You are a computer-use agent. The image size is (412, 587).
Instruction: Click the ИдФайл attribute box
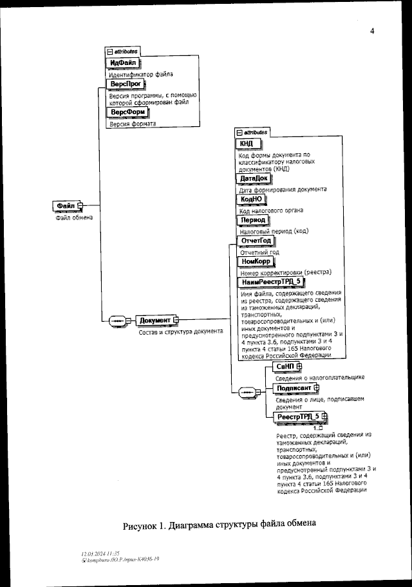point(123,62)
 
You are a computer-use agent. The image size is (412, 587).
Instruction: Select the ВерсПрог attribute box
point(125,84)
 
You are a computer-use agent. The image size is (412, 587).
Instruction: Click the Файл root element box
point(68,205)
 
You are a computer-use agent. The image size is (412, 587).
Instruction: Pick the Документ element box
point(154,320)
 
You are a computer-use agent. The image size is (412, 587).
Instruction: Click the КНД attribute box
point(247,143)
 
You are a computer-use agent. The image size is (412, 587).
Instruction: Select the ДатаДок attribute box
point(253,178)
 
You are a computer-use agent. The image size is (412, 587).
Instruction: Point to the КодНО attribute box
point(251,199)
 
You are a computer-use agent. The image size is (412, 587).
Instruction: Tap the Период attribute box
point(252,219)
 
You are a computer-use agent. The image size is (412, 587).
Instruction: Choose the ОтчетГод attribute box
point(256,241)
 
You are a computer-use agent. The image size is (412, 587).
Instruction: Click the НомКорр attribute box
point(256,262)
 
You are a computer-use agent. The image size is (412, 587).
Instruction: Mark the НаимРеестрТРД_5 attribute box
point(271,282)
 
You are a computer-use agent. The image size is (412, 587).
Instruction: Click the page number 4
point(372,32)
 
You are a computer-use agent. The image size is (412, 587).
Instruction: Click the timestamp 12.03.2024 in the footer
point(94,553)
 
